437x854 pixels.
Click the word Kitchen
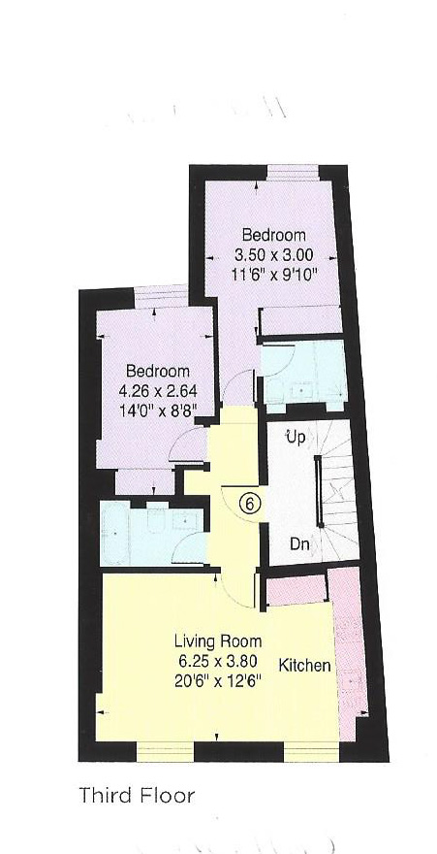tap(305, 666)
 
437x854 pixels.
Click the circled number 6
tap(249, 504)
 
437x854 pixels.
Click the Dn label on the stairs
tap(299, 544)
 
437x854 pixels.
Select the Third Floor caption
tap(138, 797)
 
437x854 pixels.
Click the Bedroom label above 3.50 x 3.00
tap(273, 235)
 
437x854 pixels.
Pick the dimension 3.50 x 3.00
tap(273, 253)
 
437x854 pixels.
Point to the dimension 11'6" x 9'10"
tap(273, 273)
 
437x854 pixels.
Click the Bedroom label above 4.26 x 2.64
tap(157, 372)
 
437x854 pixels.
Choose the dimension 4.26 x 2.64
tap(157, 390)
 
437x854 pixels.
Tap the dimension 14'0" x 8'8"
tap(157, 410)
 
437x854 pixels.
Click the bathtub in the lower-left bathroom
tap(122, 535)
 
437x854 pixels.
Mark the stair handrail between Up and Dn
tap(319, 493)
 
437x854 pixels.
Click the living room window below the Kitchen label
tap(309, 751)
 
